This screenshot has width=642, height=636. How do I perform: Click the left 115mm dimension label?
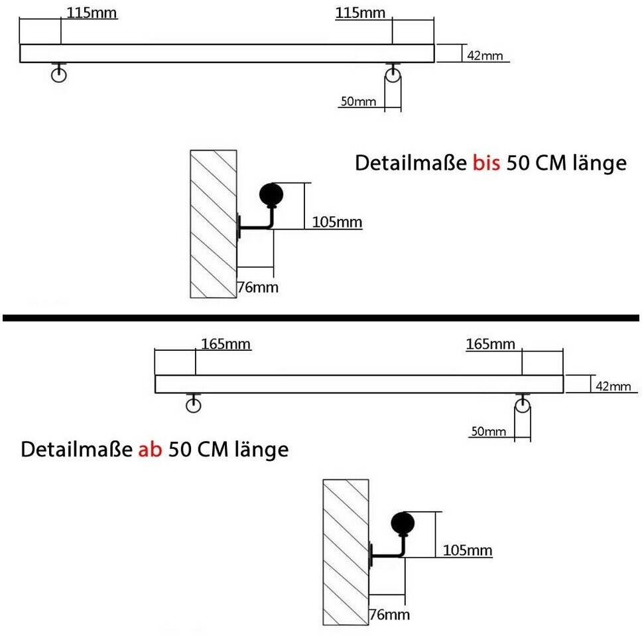[x=92, y=13]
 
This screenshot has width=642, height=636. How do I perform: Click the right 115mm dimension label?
[x=360, y=13]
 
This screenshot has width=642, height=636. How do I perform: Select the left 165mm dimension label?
[x=226, y=344]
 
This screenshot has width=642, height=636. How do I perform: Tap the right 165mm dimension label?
[x=491, y=344]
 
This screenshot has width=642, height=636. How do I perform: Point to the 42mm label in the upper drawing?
[x=485, y=55]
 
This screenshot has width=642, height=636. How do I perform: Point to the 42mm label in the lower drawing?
[x=613, y=386]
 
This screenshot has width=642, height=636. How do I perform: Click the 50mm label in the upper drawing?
[x=358, y=101]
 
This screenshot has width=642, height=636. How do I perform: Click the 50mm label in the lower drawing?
[x=488, y=431]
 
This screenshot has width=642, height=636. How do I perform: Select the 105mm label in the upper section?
[x=337, y=222]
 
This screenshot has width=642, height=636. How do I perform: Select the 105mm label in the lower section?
[x=468, y=550]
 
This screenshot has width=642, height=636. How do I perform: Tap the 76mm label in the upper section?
[x=258, y=287]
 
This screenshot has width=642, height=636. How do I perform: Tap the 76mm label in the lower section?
[x=389, y=614]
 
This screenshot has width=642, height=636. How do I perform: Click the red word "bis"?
[x=486, y=162]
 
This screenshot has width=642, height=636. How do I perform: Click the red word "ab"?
[x=151, y=449]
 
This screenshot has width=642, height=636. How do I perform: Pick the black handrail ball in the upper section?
[x=271, y=194]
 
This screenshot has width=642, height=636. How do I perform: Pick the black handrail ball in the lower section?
[x=403, y=523]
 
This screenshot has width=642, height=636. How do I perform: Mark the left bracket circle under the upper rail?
[x=58, y=75]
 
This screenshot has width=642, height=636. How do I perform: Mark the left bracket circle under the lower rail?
[x=193, y=405]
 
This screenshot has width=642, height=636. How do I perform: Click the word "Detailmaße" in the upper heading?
[x=411, y=162]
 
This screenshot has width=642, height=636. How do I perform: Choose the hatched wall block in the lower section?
[x=346, y=552]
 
